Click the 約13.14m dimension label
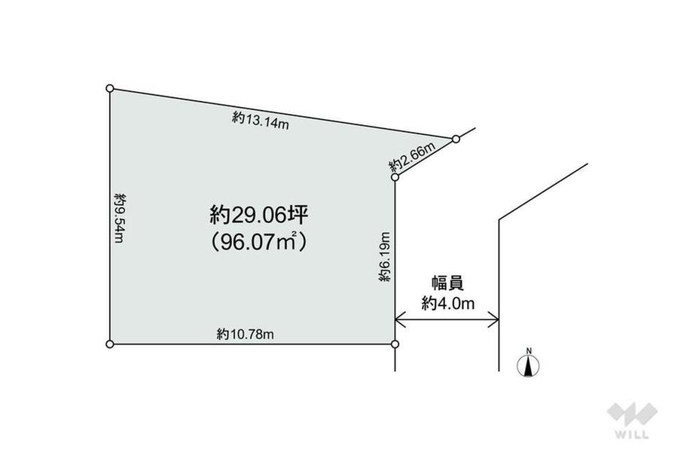(260, 121)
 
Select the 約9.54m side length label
(119, 216)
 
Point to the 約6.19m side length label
(386, 258)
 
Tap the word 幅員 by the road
(447, 283)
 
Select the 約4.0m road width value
(447, 304)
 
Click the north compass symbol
(530, 366)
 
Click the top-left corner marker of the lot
(110, 88)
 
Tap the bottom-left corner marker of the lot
(110, 344)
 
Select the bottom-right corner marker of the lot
(395, 344)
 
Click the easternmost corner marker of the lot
(456, 139)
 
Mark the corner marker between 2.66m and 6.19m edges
(395, 177)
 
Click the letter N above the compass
(530, 350)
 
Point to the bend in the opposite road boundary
(499, 219)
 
